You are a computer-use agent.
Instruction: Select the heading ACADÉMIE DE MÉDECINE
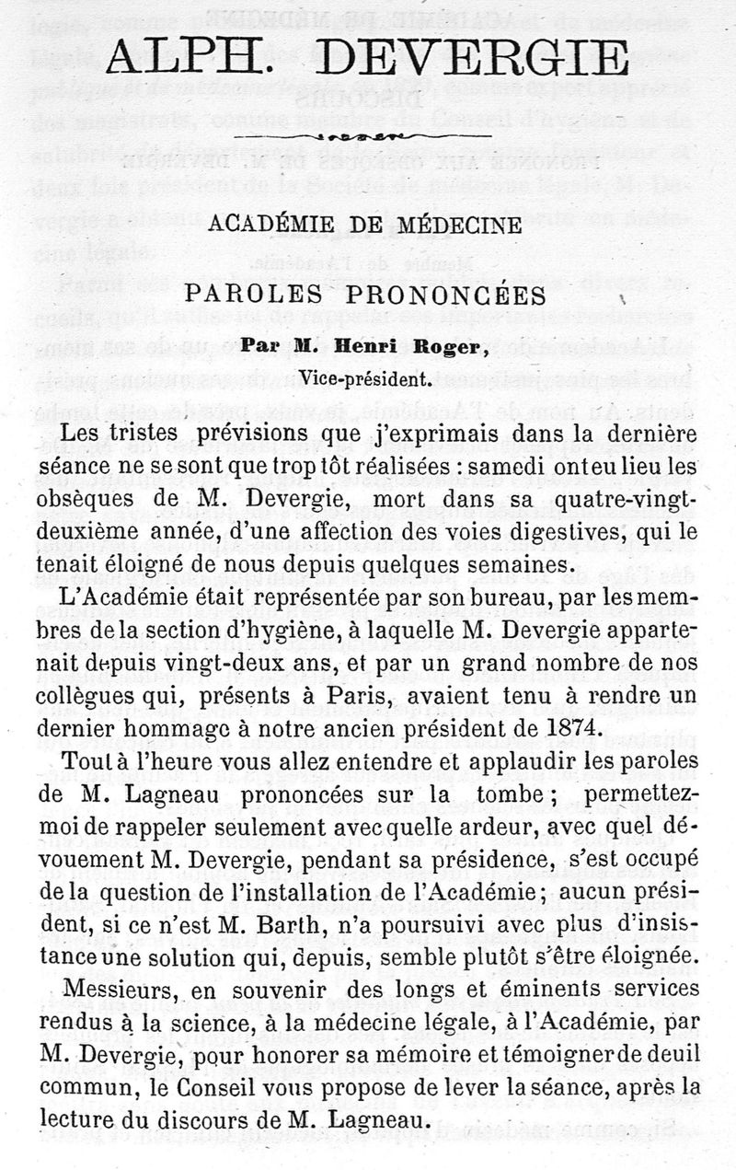pos(365,224)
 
